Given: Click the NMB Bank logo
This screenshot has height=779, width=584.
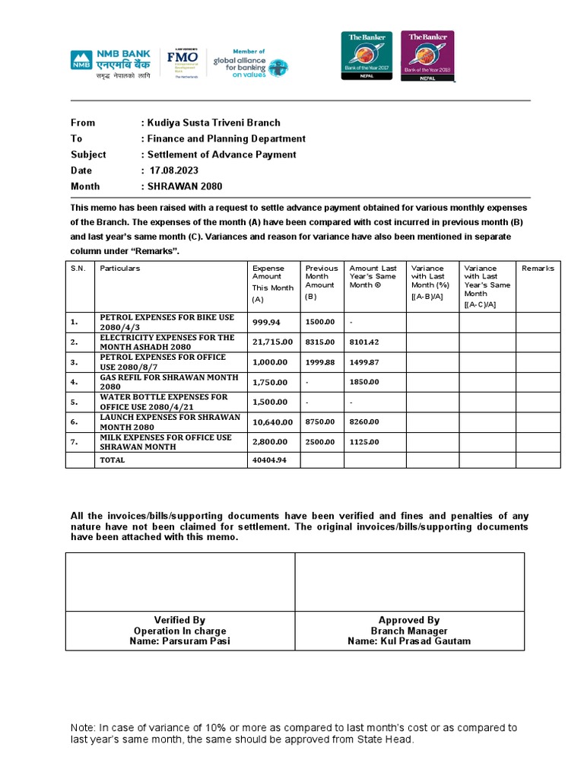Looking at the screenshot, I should [110, 64].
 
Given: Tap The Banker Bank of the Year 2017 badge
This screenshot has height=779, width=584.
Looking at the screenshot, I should [367, 56].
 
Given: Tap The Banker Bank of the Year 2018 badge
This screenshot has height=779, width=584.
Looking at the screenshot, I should [427, 56].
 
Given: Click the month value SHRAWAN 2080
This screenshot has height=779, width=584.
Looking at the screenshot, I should [186, 186].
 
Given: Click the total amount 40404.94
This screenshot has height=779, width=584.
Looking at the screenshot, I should [269, 460].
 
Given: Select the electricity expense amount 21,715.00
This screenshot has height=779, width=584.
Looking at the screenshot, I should [272, 342].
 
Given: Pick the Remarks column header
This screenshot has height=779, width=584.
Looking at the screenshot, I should [538, 269].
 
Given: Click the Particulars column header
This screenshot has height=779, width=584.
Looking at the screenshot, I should [120, 269].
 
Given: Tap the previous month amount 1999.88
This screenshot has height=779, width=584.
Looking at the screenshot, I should [319, 362].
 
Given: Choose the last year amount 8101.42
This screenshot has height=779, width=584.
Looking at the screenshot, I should [363, 342].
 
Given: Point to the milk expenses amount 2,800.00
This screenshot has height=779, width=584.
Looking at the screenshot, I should [270, 441].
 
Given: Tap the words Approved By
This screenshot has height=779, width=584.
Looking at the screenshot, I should [409, 620].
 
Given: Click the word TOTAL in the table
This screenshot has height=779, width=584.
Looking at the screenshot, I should [113, 460].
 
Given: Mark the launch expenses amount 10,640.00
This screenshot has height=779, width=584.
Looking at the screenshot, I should [272, 421].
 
